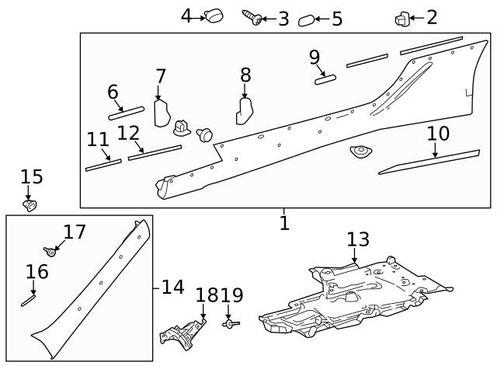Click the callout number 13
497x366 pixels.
358,239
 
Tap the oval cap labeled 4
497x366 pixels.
213,16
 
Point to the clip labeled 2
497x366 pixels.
402,18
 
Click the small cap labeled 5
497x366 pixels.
307,20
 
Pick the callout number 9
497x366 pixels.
314,57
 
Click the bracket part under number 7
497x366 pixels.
162,113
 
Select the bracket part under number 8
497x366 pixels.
245,110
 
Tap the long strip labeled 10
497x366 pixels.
429,162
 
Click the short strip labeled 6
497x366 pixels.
127,113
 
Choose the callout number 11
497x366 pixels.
98,140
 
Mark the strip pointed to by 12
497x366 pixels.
155,152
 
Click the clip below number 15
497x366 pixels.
30,204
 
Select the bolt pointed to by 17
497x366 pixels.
52,251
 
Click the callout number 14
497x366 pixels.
172,288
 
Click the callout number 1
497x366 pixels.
284,224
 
